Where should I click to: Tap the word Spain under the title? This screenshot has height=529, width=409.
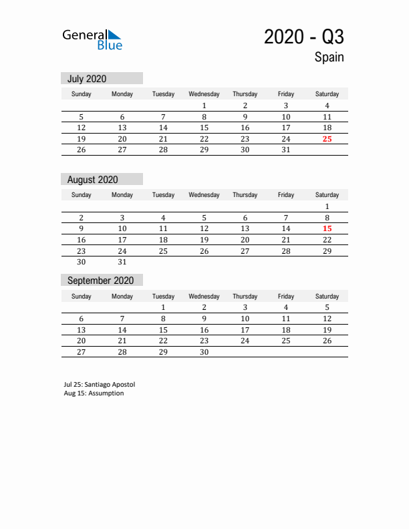(329, 57)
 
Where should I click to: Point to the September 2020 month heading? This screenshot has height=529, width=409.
(101, 281)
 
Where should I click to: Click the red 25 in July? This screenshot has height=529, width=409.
(327, 139)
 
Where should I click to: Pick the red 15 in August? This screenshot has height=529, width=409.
(327, 228)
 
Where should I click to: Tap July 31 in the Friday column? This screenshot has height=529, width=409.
(286, 150)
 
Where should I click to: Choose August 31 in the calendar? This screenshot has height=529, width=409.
(122, 262)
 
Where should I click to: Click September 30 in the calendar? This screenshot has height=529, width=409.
(204, 352)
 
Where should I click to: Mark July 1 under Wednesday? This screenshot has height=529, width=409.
(204, 106)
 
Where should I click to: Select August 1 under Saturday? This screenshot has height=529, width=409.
(327, 206)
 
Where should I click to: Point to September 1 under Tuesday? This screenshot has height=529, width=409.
(163, 307)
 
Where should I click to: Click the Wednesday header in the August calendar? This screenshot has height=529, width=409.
(204, 195)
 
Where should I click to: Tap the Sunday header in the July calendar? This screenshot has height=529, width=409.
(82, 94)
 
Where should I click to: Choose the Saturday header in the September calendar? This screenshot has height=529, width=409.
(327, 296)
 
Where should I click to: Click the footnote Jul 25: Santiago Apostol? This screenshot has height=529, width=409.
(99, 385)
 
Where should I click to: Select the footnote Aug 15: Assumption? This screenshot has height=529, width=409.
(94, 393)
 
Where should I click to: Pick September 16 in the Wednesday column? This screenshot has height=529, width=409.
(204, 330)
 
